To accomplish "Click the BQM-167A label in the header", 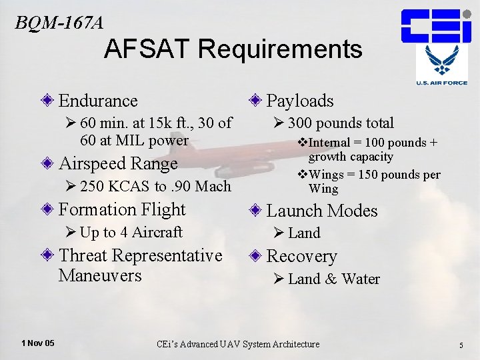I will (x=59, y=22).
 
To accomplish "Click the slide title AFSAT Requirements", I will (x=233, y=49).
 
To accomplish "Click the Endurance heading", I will (x=98, y=101).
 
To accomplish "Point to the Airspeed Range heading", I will (x=118, y=163).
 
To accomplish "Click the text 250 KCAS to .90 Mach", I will (x=155, y=187).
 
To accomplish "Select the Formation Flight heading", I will (x=122, y=209).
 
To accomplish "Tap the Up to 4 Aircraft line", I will (x=131, y=232).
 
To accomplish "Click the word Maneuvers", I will (x=100, y=275).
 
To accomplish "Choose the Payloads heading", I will (x=300, y=101).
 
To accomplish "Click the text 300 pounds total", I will (x=341, y=123).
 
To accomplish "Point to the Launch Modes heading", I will (x=322, y=211).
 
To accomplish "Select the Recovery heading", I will (x=301, y=256).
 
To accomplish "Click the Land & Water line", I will (x=333, y=279).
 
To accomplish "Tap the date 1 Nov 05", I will (x=38, y=343).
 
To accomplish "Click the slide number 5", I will (x=461, y=345).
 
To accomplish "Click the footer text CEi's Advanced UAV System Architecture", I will (x=238, y=344).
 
